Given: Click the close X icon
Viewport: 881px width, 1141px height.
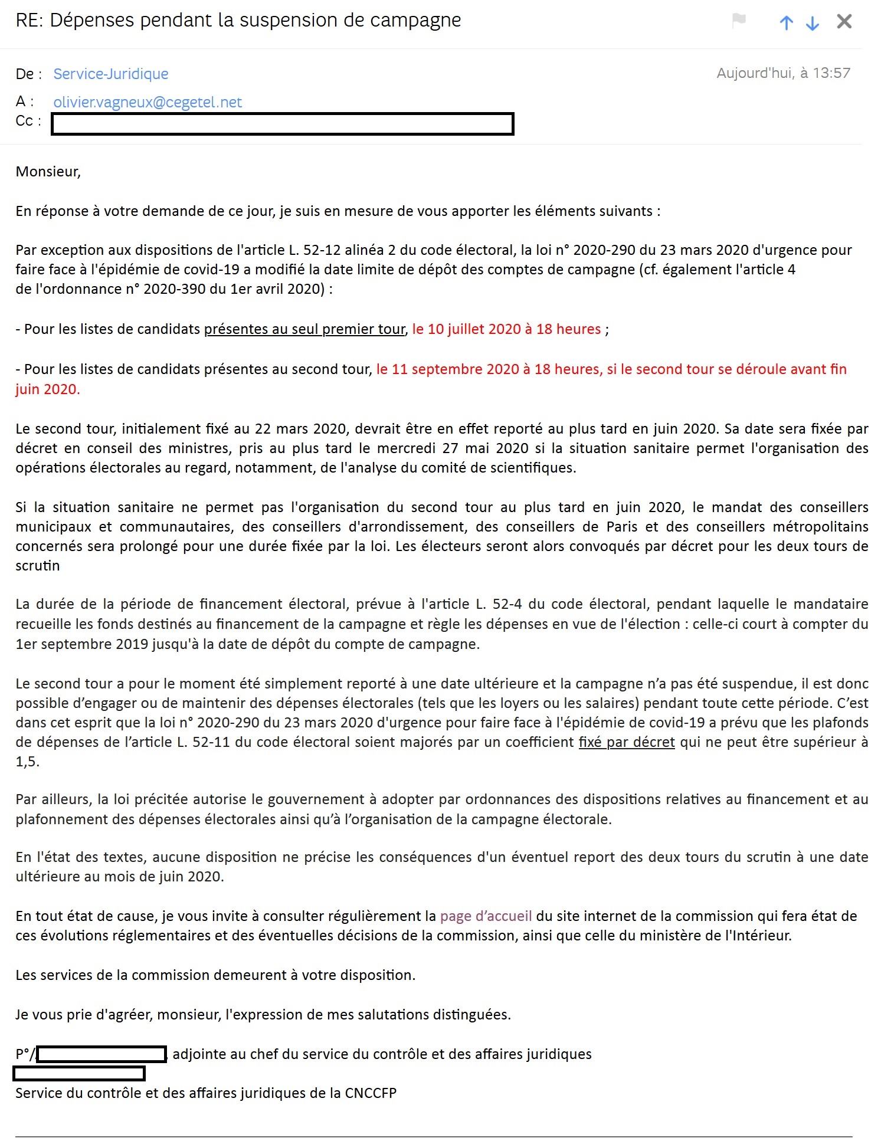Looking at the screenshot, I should coord(844,22).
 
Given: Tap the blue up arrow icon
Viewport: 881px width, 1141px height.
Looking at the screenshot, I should coord(786,23).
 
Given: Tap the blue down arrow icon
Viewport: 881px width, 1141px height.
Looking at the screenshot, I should coord(813,23).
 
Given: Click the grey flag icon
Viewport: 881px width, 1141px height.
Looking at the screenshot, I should coord(739,21).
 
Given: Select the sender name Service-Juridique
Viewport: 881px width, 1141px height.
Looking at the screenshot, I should coord(111,74).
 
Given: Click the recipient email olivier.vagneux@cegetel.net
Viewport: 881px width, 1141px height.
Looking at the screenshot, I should coord(148,102).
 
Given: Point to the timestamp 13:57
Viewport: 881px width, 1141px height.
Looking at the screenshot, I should coord(831,73).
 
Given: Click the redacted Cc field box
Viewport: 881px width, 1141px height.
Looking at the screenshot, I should coord(282,124).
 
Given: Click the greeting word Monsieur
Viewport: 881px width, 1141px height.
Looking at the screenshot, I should coord(47,172).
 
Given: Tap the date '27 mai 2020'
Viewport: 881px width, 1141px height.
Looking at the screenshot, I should coord(485,448).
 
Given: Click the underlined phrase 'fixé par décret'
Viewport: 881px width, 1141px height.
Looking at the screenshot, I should coord(626,742).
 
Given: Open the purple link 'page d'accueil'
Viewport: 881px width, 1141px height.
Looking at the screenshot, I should coord(486,916).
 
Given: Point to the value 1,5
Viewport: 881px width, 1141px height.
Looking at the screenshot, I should coord(27,762).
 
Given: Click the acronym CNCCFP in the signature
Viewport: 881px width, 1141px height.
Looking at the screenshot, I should coord(371,1093).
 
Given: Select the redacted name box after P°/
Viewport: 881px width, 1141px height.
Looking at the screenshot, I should coord(101,1054).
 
